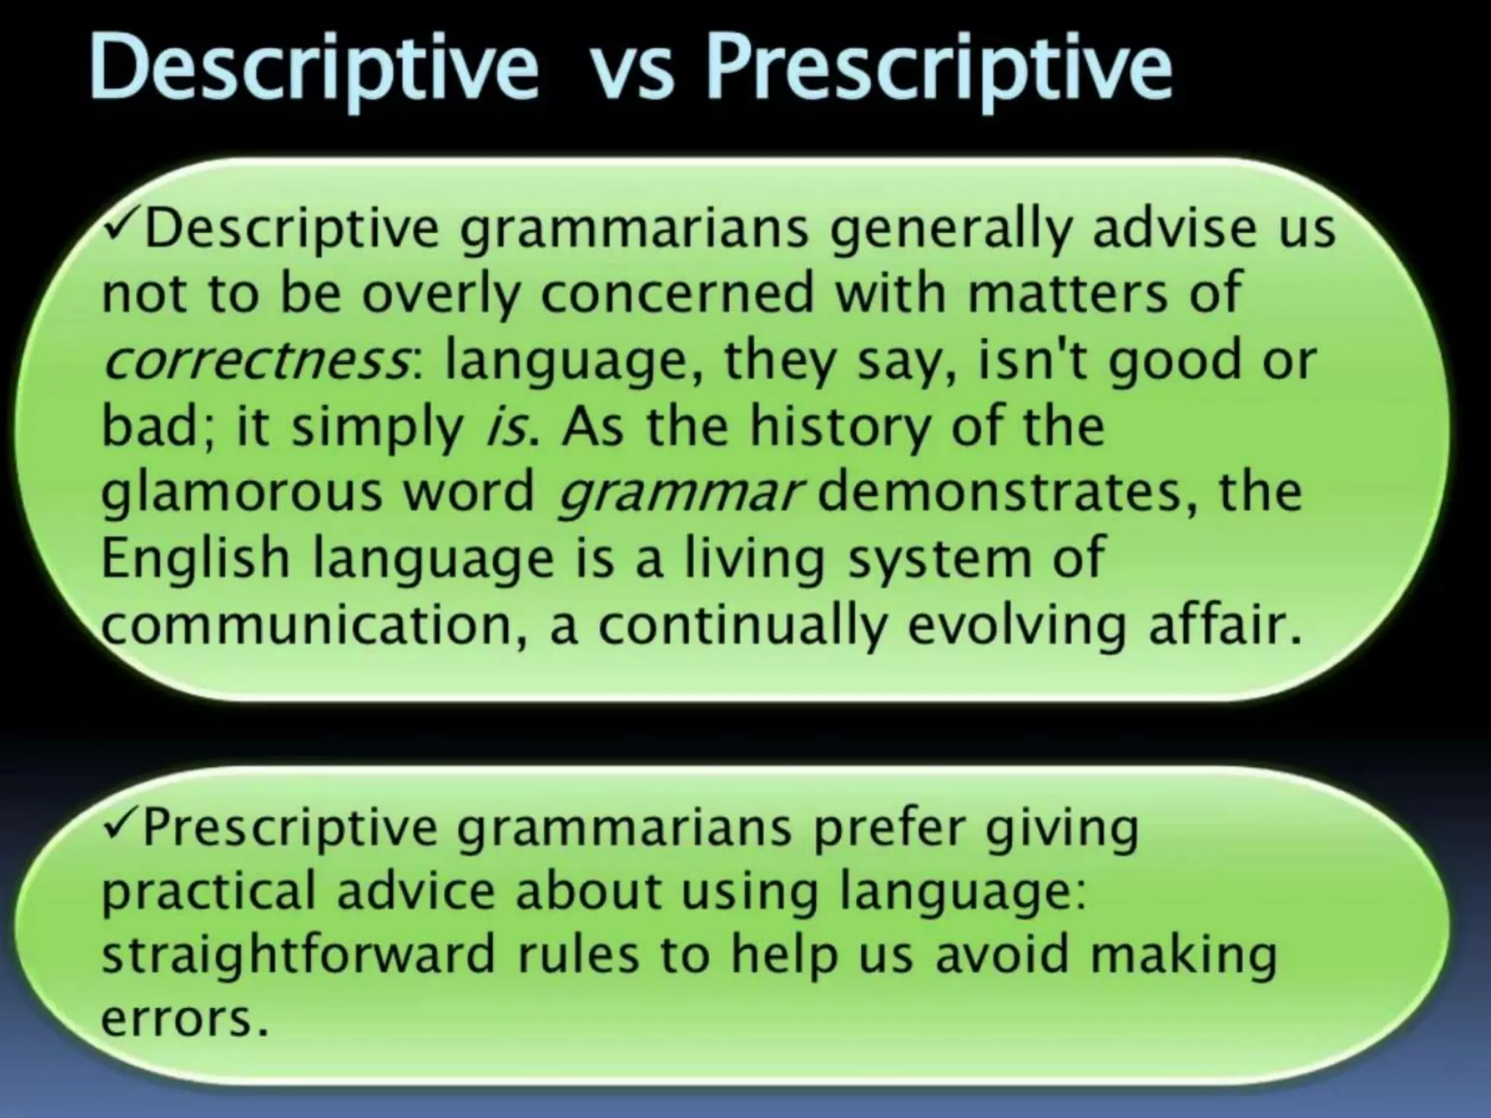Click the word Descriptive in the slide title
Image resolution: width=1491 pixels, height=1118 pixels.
coord(313,69)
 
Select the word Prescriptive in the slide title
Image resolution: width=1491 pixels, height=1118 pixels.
coord(939,69)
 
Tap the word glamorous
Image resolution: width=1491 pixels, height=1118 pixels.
coord(241,493)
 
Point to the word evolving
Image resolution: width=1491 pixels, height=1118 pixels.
coord(1016,627)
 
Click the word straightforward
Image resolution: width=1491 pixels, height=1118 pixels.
coord(298,955)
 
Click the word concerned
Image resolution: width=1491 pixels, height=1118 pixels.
coord(676,293)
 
